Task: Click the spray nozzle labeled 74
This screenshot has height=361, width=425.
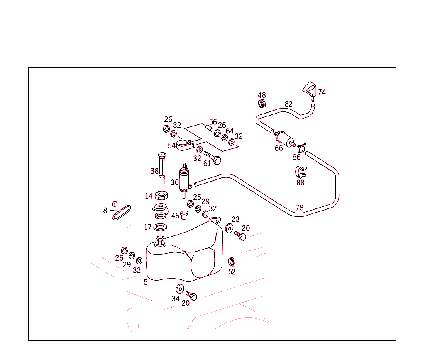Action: click(310, 90)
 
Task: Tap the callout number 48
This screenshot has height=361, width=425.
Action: click(261, 95)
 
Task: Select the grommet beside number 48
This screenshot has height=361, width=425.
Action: click(261, 104)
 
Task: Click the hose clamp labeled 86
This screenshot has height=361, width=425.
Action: click(301, 148)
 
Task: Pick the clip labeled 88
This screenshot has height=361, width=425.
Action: click(300, 172)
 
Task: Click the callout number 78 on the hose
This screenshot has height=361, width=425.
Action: click(300, 208)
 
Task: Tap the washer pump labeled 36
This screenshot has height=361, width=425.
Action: click(185, 180)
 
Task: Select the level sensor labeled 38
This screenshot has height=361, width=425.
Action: click(161, 170)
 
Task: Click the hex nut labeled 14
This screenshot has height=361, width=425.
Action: click(161, 195)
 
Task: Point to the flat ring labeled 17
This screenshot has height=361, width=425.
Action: click(160, 227)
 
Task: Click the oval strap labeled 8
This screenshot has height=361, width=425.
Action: click(122, 213)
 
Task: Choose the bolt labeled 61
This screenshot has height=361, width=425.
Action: click(212, 157)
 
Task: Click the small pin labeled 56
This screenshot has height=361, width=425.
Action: click(209, 128)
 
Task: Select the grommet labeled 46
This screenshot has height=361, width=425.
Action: click(184, 215)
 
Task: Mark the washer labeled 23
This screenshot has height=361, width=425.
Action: click(229, 228)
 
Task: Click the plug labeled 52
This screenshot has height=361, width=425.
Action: click(232, 262)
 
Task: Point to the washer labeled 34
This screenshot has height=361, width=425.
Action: click(180, 289)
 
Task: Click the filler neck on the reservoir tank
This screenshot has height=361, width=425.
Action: click(160, 241)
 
